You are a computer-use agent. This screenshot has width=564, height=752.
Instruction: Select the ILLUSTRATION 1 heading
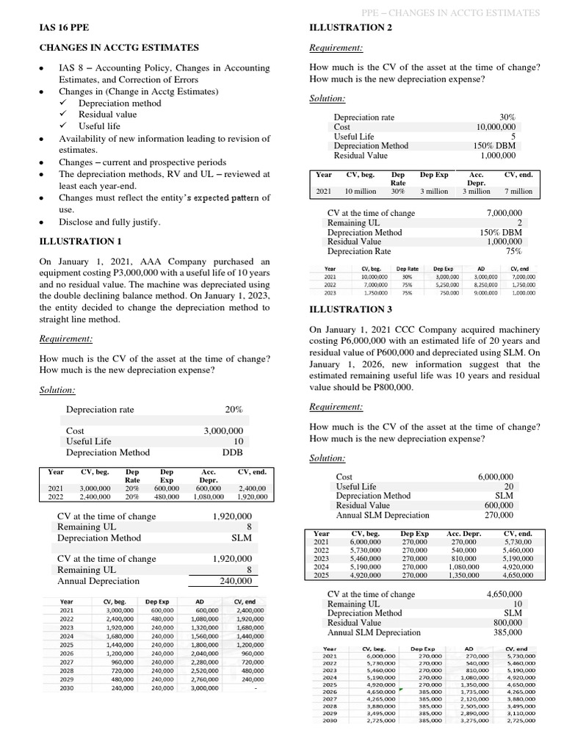click(x=80, y=241)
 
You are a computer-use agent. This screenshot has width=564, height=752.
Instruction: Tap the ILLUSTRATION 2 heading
click(x=351, y=28)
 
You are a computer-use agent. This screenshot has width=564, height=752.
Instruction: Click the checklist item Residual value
click(x=107, y=115)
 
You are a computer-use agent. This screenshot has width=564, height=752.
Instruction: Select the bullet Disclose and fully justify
click(x=109, y=221)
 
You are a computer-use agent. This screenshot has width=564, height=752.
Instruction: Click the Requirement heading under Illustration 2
click(x=336, y=48)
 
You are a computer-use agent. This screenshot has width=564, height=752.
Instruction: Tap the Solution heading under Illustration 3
click(x=327, y=458)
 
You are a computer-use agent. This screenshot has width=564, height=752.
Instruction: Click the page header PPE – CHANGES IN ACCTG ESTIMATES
click(x=451, y=13)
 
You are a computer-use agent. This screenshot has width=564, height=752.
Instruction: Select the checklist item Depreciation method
click(x=120, y=104)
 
